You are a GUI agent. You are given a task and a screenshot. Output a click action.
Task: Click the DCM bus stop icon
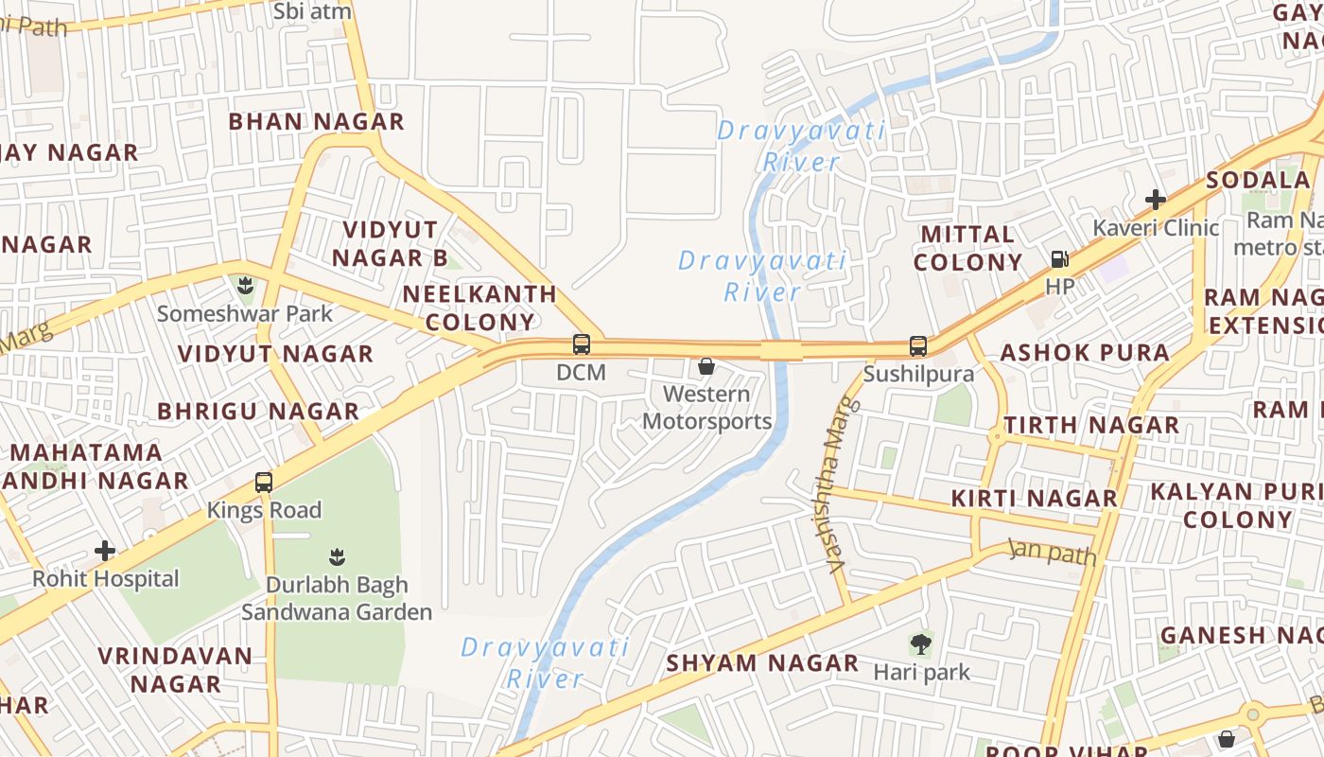tap(582, 344)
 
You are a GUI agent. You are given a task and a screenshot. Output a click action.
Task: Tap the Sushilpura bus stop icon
tap(917, 346)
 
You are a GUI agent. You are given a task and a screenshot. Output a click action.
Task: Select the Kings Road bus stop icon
tap(264, 483)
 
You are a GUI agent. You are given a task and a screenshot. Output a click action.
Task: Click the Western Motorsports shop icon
tap(706, 366)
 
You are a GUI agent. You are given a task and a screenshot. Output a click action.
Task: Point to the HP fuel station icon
tap(1060, 258)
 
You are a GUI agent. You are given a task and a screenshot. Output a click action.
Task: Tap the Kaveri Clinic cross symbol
tap(1155, 200)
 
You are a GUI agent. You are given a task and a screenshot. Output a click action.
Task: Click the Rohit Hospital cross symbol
tap(105, 551)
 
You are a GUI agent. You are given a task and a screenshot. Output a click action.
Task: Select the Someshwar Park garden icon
tap(245, 284)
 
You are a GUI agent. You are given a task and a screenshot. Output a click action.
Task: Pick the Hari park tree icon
tap(921, 645)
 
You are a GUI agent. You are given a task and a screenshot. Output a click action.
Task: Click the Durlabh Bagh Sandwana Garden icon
tap(337, 556)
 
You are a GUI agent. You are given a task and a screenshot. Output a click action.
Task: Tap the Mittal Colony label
tap(968, 248)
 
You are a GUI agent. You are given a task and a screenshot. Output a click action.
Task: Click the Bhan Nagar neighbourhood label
tap(317, 121)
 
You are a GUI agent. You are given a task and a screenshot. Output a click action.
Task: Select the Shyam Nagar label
tap(762, 663)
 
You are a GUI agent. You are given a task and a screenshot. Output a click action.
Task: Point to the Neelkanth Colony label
tap(479, 308)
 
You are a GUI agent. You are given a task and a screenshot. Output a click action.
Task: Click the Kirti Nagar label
tap(1035, 498)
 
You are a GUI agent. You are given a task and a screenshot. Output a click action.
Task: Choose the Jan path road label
tap(1052, 552)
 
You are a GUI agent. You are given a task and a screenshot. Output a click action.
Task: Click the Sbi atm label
tap(312, 11)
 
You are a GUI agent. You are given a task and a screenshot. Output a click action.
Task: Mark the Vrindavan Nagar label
tap(175, 669)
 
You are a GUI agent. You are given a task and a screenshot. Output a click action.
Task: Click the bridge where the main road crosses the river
tap(781, 351)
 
